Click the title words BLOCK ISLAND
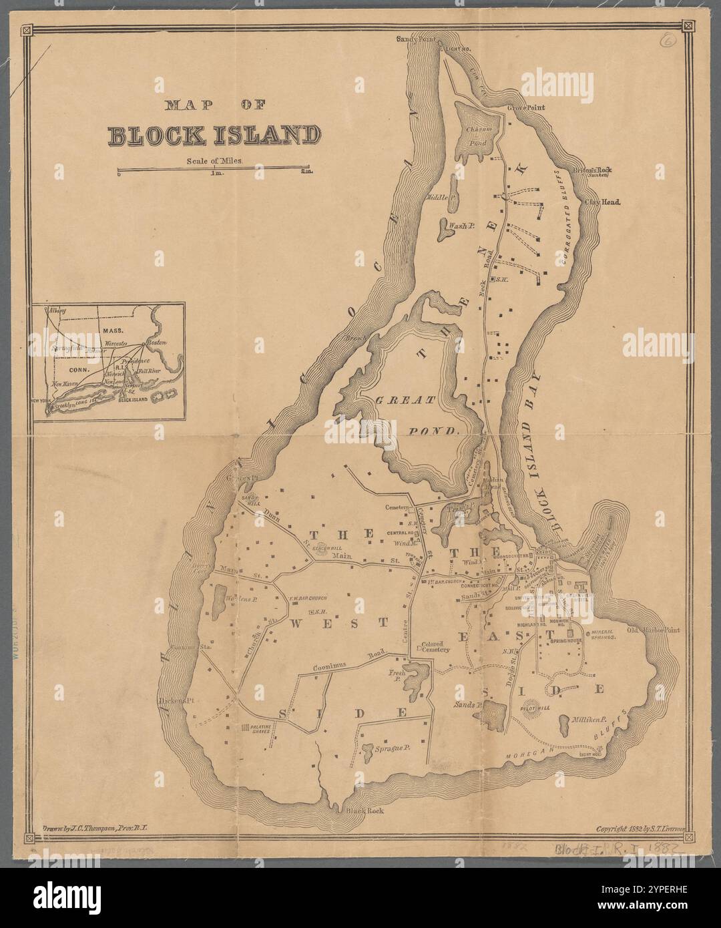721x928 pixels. point(214,135)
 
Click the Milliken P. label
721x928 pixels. point(588,720)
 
